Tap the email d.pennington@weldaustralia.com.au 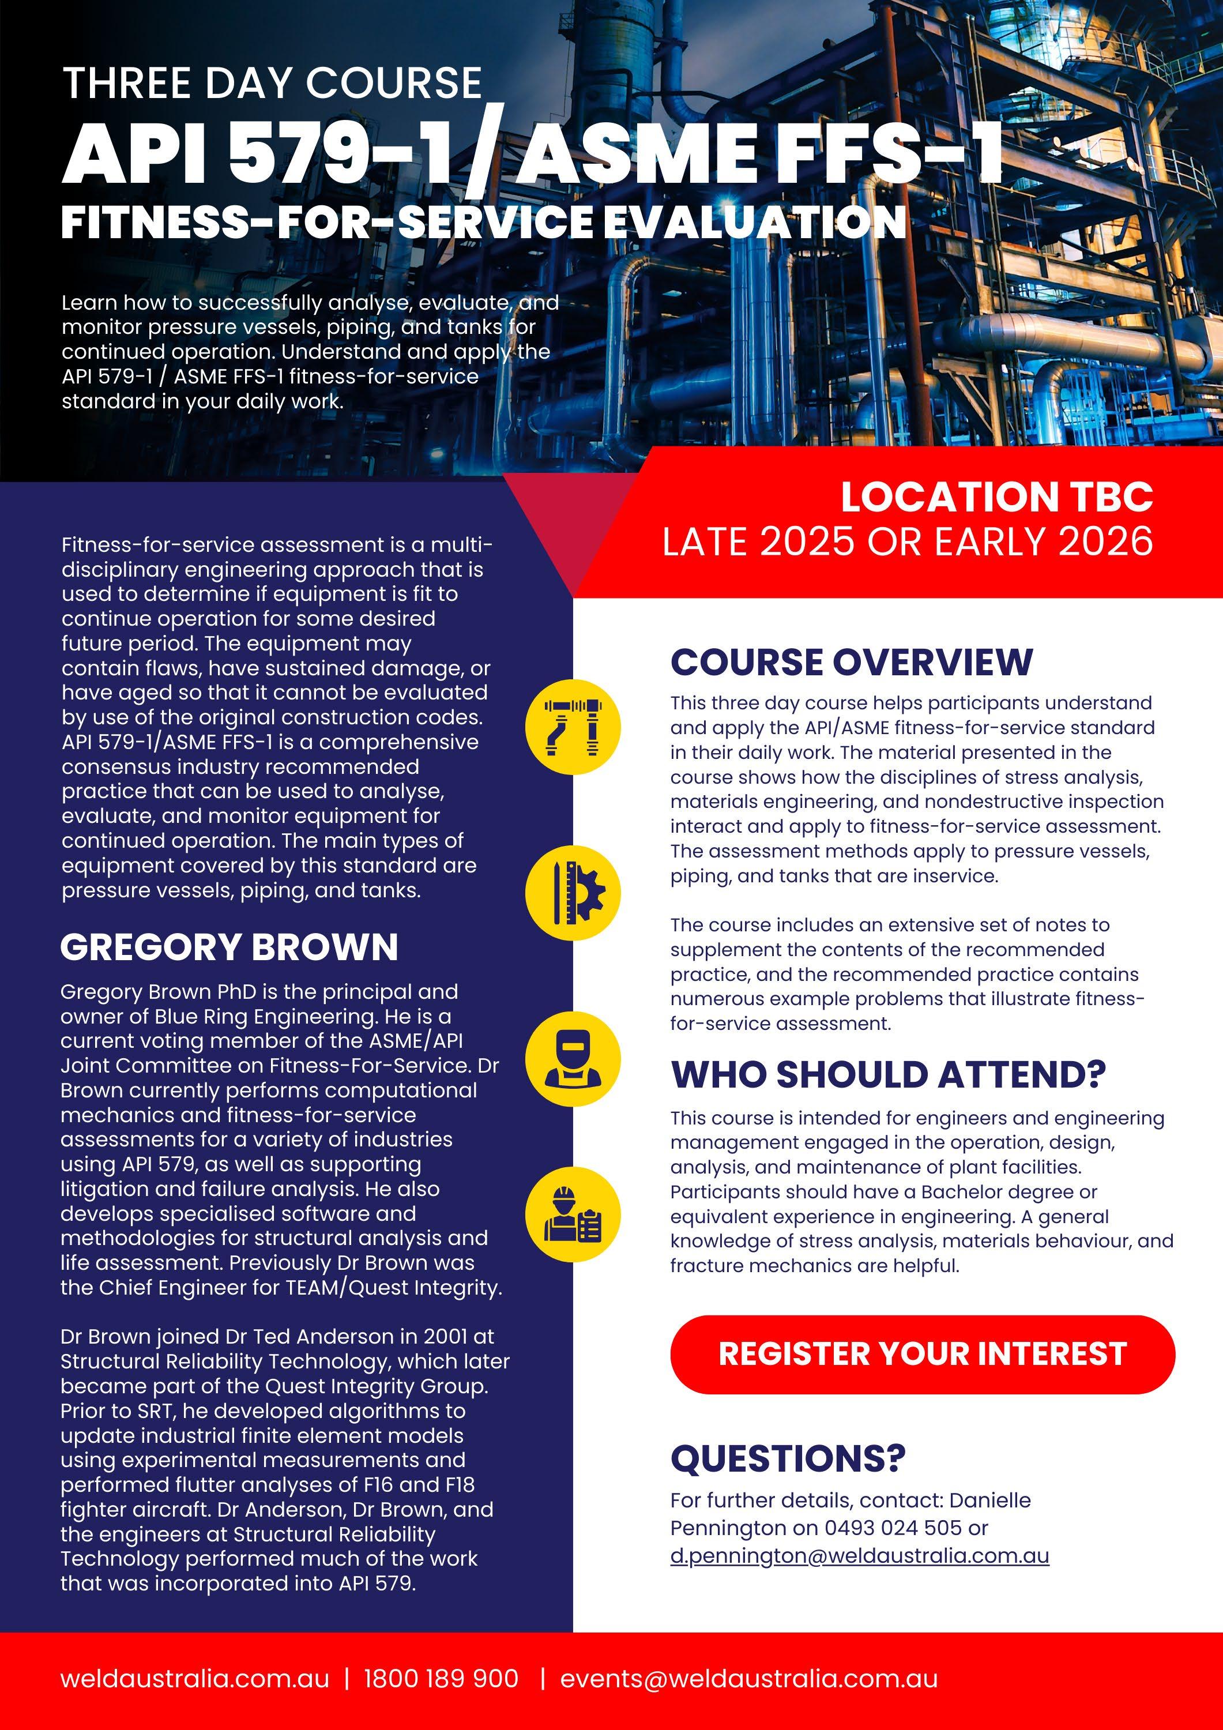point(859,1556)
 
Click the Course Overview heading point(852,663)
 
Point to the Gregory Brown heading point(229,947)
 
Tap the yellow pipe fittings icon point(573,728)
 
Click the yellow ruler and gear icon point(573,892)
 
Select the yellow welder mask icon point(573,1059)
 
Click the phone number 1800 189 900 point(441,1679)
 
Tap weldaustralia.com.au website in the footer point(194,1679)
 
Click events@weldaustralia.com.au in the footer point(748,1679)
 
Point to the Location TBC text point(996,497)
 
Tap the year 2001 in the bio point(445,1337)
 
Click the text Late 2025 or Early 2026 point(907,541)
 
